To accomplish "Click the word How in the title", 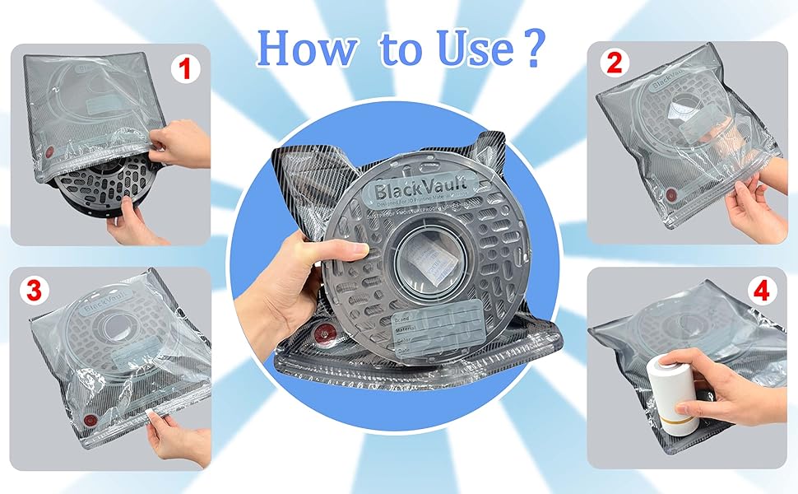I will (305, 50).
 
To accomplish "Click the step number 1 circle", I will (186, 69).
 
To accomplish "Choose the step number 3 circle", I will (34, 289).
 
